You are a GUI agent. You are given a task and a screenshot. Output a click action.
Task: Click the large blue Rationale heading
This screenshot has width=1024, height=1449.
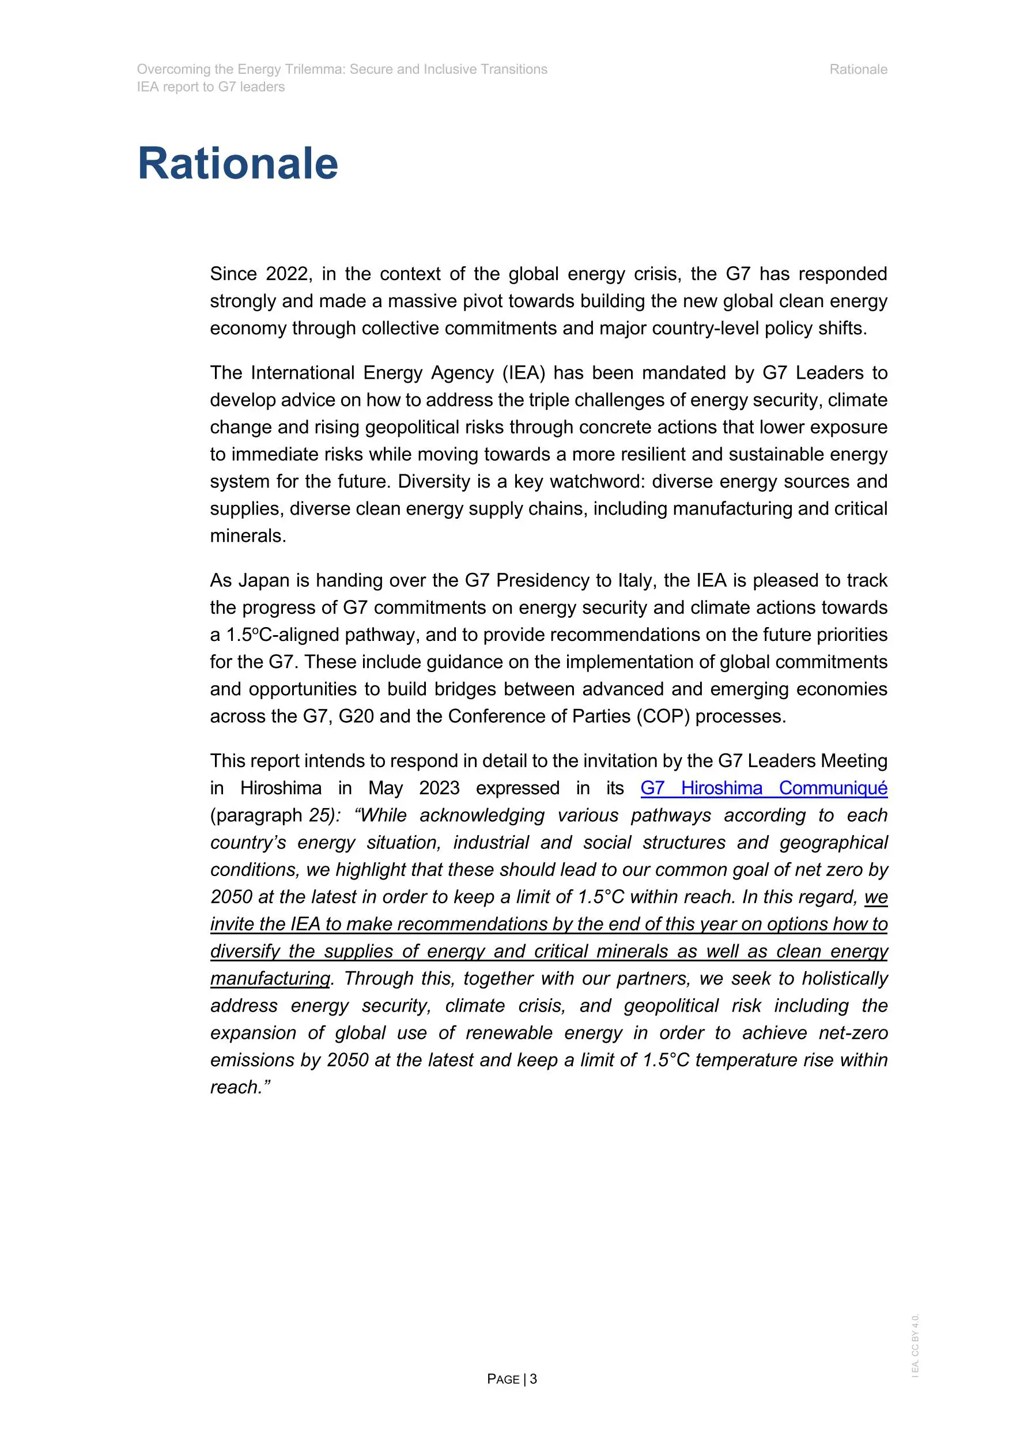(x=237, y=164)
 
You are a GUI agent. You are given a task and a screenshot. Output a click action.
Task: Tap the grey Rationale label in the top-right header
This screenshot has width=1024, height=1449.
(x=857, y=69)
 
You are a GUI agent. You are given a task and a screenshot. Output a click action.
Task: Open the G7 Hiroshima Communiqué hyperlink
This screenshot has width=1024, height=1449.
(x=764, y=788)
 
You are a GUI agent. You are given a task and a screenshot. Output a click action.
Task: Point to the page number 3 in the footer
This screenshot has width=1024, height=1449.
(x=533, y=1379)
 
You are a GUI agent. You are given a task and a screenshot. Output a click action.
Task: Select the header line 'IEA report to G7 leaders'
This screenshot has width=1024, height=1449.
(x=211, y=87)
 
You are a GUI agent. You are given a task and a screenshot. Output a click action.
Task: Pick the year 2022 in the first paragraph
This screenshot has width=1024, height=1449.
(x=287, y=274)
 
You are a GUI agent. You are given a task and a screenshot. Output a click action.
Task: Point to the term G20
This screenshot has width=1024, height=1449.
(x=357, y=716)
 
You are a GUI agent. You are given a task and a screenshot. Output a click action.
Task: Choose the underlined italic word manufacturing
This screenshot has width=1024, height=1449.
(x=270, y=978)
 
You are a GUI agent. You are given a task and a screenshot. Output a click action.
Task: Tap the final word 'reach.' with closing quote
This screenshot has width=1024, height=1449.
(x=240, y=1087)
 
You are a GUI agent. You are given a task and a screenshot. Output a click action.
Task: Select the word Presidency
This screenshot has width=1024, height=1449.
(x=546, y=580)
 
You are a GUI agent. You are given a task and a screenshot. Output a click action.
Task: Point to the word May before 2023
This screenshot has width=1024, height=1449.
(x=386, y=788)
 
